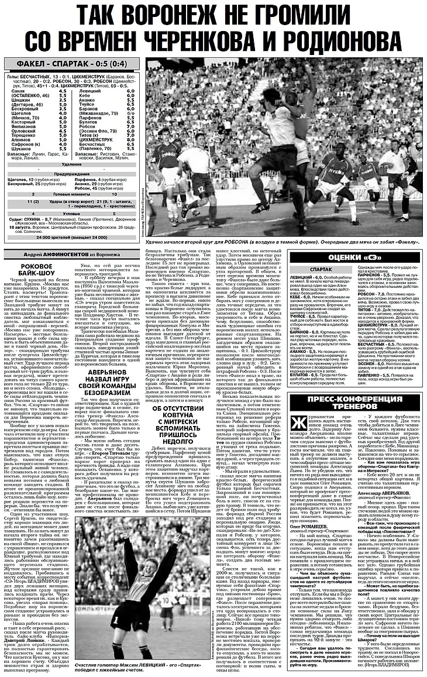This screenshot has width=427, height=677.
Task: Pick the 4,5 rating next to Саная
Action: coord(63,91)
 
